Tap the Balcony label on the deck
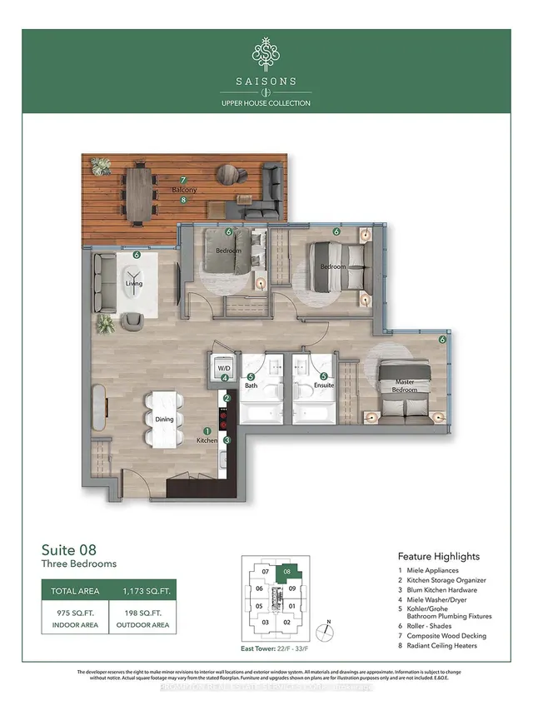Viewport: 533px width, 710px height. point(185,191)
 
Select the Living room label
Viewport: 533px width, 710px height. point(134,284)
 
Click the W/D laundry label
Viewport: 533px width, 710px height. point(223,367)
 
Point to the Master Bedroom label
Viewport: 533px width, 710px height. point(405,386)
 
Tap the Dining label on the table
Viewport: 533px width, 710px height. point(164,420)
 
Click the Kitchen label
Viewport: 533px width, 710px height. point(207,439)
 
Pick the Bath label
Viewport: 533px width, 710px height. point(251,385)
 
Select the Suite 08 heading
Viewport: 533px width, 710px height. point(69,550)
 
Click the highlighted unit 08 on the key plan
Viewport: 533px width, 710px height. point(287,572)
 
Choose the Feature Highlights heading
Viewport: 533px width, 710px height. point(439,556)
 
